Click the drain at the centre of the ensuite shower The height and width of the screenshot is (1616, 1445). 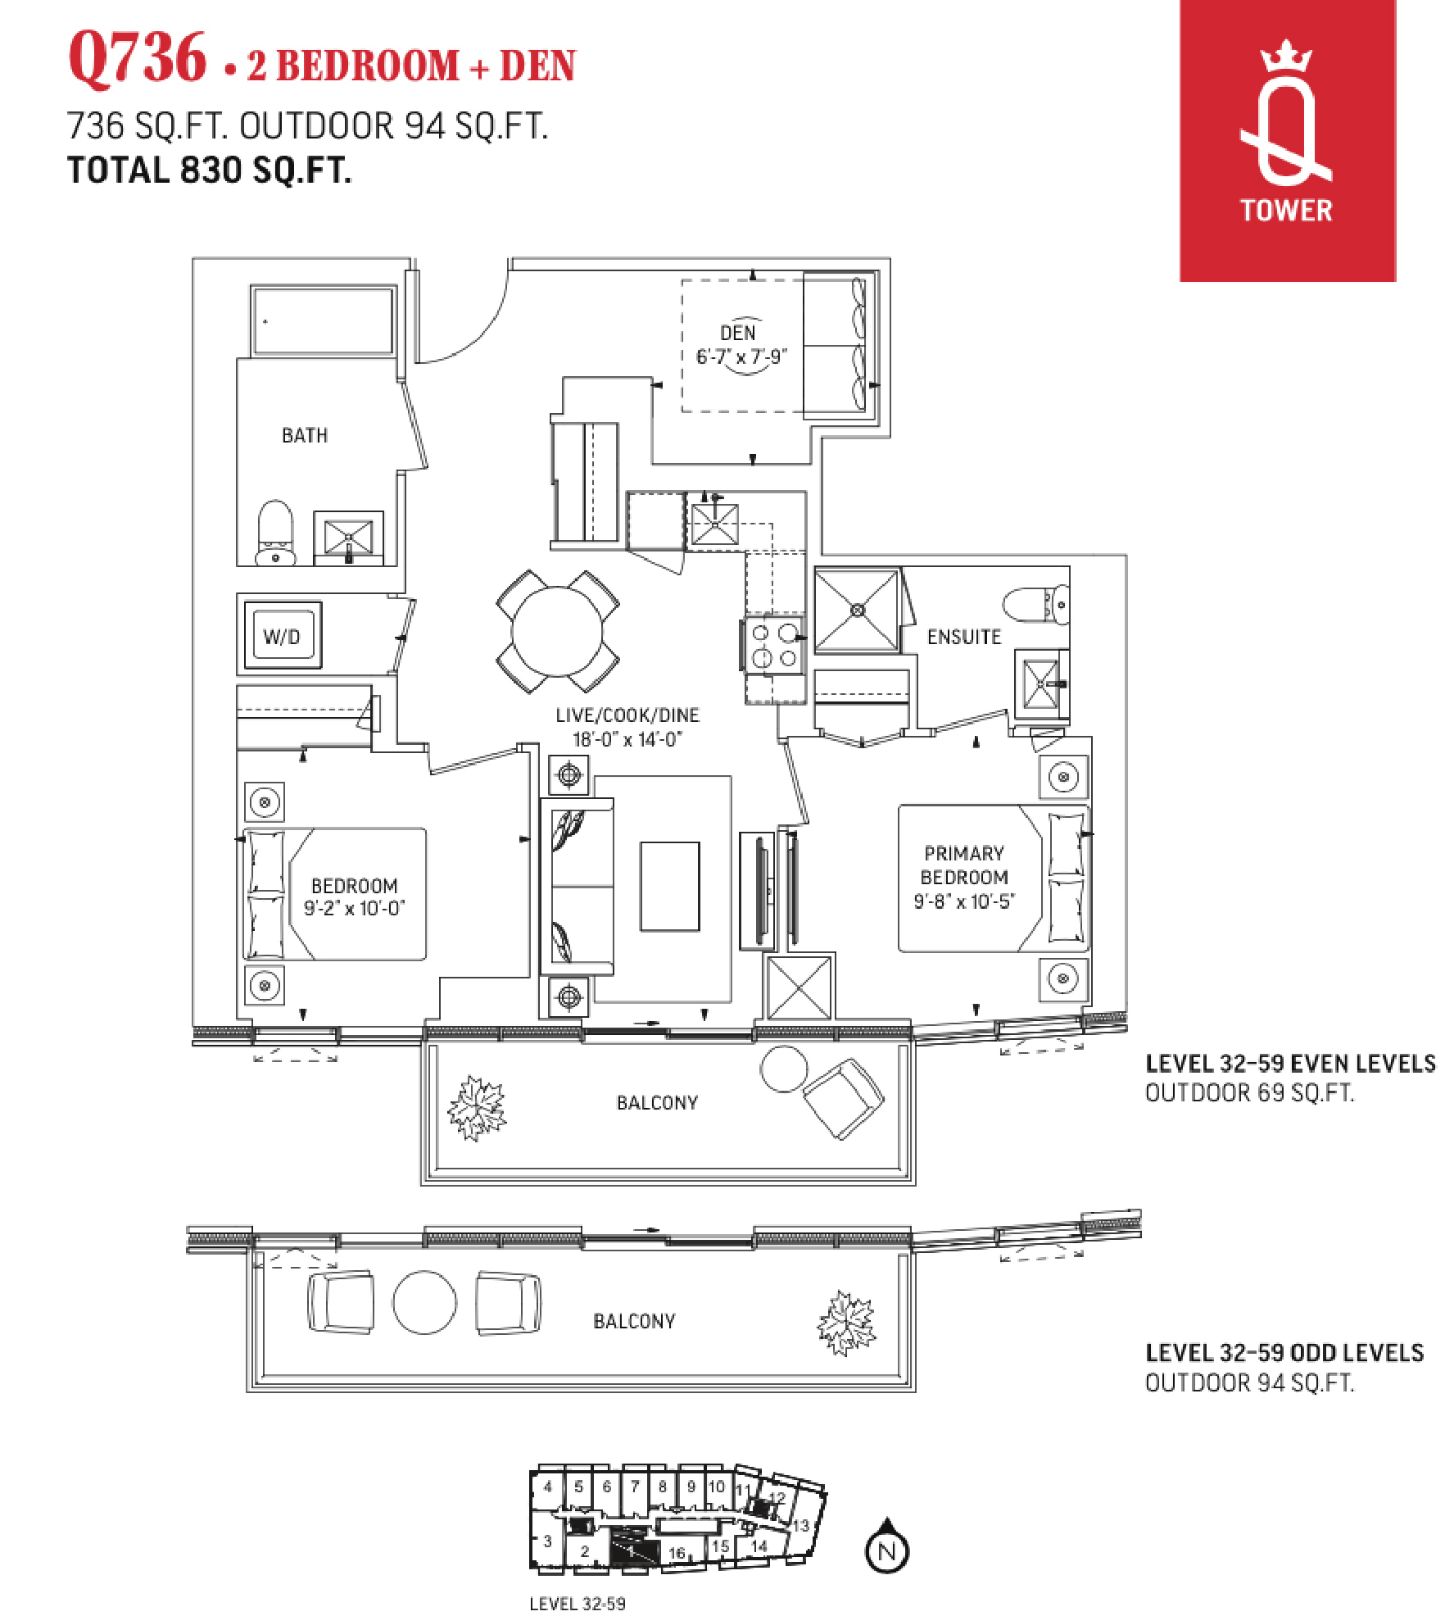(857, 610)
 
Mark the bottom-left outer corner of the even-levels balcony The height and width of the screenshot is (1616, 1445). (421, 1185)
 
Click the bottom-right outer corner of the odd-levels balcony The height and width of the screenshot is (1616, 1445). (916, 1391)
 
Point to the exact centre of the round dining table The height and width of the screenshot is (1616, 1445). (557, 631)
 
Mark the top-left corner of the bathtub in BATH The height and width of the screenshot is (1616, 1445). (251, 286)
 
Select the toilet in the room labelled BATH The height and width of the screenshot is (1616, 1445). (275, 533)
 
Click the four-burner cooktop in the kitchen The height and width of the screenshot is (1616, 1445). (775, 645)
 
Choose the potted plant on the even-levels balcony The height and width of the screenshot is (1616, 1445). (476, 1107)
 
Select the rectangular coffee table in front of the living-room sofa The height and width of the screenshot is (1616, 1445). (669, 886)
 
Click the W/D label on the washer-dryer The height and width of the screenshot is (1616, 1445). (281, 637)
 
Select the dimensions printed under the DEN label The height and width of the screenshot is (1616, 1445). (741, 356)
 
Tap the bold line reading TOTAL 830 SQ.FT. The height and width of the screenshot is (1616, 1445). (210, 170)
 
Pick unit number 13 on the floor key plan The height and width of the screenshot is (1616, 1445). (800, 1526)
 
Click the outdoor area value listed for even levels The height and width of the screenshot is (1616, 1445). (1249, 1092)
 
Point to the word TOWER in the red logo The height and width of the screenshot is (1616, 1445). (1286, 211)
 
